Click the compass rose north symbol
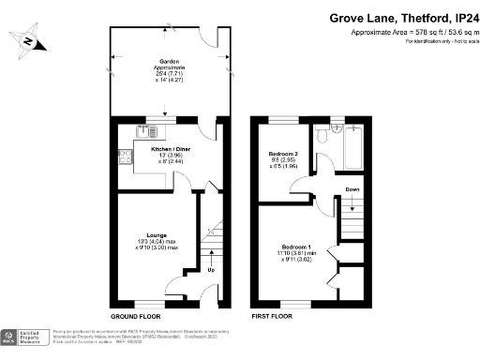click(x=32, y=41)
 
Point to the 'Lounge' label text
click(x=156, y=234)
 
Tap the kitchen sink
click(x=156, y=130)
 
